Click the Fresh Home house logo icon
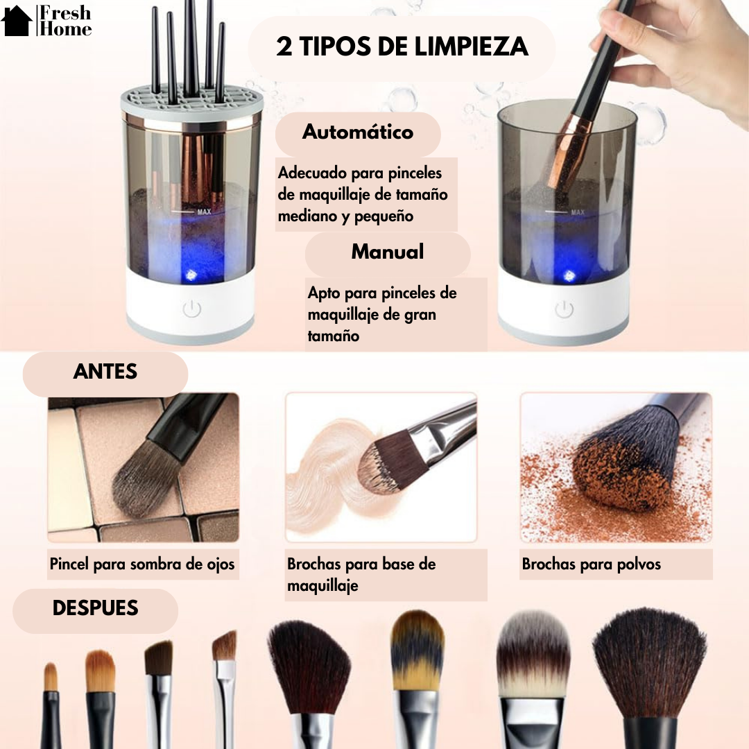click(x=17, y=21)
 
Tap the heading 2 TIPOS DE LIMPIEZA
click(x=402, y=47)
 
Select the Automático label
click(x=358, y=132)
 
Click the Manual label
click(x=387, y=252)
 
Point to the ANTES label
click(x=105, y=372)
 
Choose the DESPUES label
click(x=95, y=608)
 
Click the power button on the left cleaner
click(x=192, y=309)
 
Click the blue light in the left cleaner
click(x=191, y=276)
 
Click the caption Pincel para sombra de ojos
click(x=142, y=564)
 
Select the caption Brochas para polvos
click(x=592, y=564)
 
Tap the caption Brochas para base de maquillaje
click(x=361, y=574)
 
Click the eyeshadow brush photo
click(x=143, y=467)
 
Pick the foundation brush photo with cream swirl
click(x=381, y=467)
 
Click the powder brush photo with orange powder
click(x=616, y=467)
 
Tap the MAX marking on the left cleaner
click(x=204, y=212)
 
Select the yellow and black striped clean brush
click(x=416, y=648)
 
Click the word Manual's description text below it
click(x=382, y=314)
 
